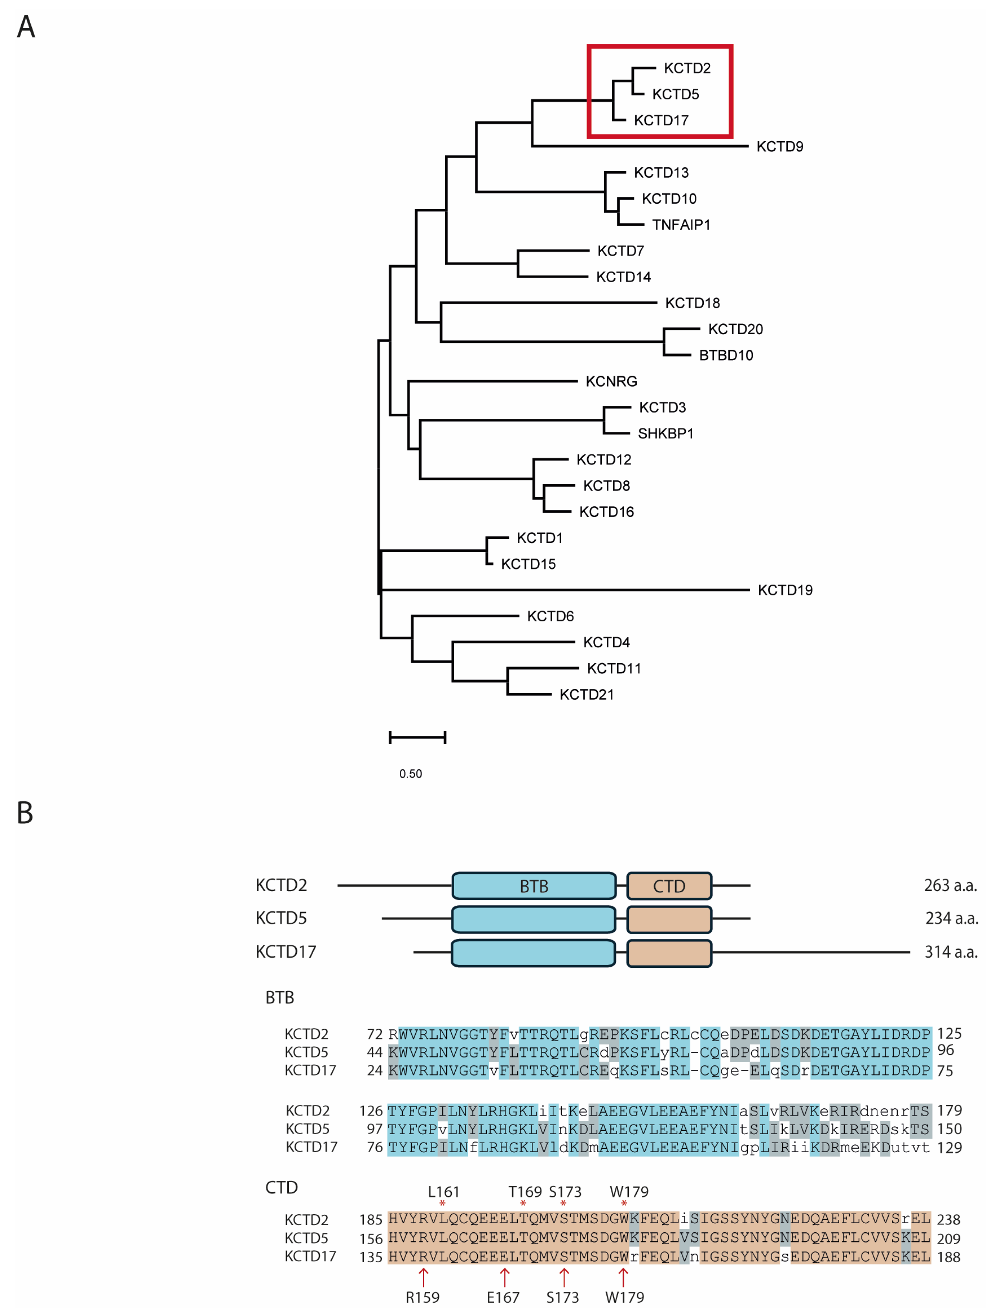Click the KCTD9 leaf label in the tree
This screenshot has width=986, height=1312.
[779, 146]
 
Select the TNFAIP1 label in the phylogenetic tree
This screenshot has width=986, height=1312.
[681, 225]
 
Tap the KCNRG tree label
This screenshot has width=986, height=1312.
[611, 381]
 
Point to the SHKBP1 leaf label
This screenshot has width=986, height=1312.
[665, 434]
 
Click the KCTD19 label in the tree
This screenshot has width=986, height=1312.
[784, 590]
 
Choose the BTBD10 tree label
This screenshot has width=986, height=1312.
[725, 355]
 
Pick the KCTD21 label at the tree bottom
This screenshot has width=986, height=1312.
[586, 695]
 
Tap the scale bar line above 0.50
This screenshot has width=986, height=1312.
[417, 737]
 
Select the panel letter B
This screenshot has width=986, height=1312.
[25, 813]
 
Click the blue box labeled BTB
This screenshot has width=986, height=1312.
[533, 886]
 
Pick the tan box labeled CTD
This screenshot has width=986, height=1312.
[668, 886]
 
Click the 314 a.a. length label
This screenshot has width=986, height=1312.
[950, 952]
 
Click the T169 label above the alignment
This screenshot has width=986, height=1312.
[524, 1192]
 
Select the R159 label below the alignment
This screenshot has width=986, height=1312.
[422, 1297]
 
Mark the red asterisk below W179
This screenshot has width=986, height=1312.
[624, 1203]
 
